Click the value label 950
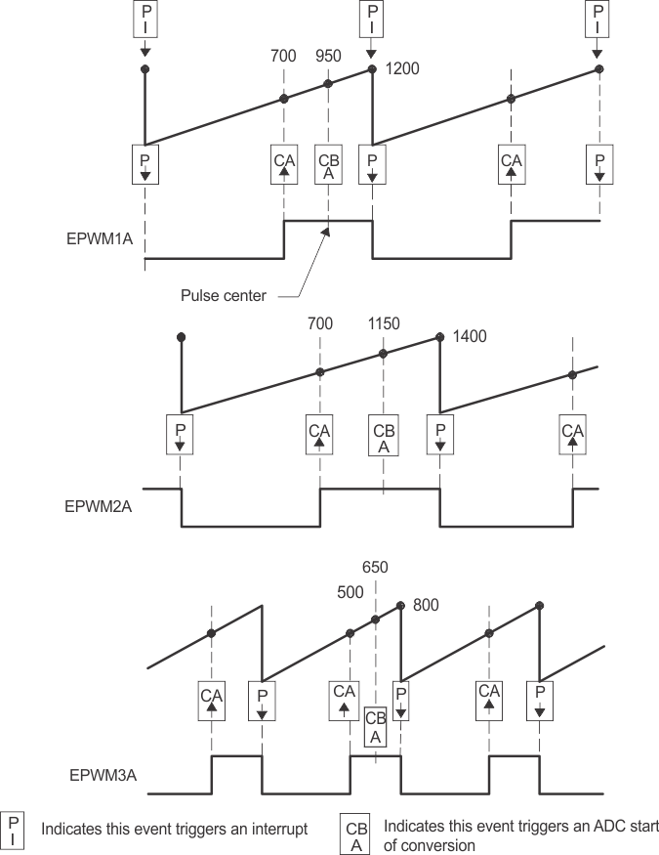pos(328,57)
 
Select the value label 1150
pos(384,322)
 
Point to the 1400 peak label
pos(468,337)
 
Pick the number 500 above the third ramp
pos(350,592)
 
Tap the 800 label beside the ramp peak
pos(426,605)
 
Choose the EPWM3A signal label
pos(103,776)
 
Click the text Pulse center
pos(224,295)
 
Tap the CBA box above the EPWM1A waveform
pos(329,166)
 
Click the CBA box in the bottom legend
pos(355,836)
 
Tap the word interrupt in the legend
pos(277,829)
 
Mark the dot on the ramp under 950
pos(328,84)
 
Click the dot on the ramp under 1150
pos(384,354)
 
